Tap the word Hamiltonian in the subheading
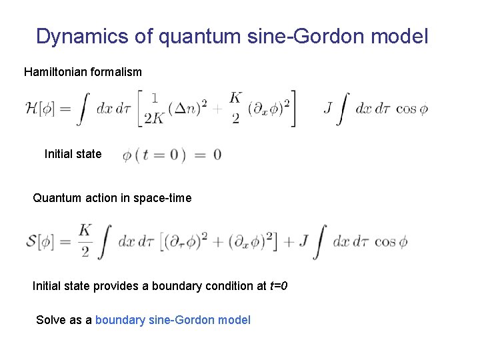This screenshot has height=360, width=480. coord(54,71)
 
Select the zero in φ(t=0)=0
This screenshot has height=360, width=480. coord(217,156)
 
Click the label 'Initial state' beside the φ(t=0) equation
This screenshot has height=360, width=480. coord(73,154)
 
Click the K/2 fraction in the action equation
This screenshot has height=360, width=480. coord(85,241)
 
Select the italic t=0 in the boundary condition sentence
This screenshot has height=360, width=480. coord(278,287)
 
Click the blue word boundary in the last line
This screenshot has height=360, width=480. coord(120,320)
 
